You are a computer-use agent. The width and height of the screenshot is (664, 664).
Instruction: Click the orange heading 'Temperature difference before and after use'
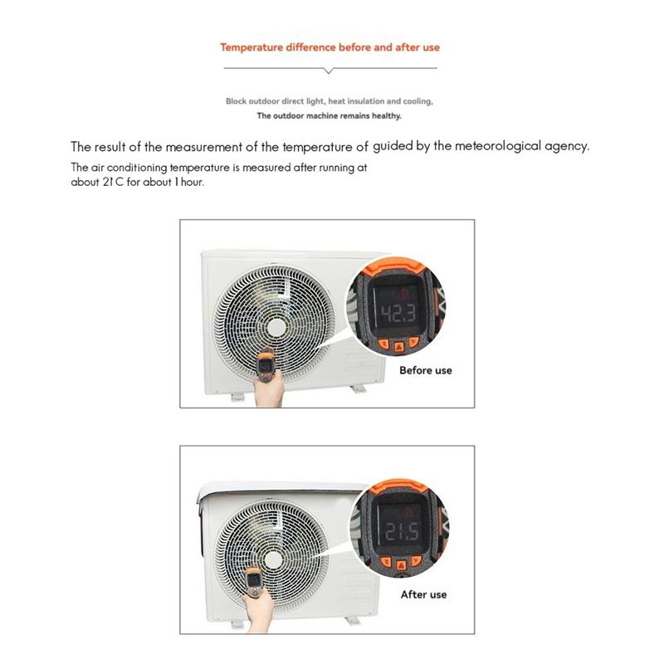click(x=330, y=47)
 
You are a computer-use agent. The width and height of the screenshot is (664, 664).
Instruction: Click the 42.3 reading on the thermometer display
click(x=398, y=314)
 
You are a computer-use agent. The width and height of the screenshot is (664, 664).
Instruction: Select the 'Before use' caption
click(x=425, y=370)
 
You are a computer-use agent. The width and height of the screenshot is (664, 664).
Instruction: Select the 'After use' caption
click(x=423, y=594)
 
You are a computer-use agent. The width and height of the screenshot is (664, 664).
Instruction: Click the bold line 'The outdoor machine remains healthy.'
click(x=329, y=116)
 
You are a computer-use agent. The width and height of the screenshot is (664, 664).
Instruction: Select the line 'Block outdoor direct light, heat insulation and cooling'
click(x=329, y=101)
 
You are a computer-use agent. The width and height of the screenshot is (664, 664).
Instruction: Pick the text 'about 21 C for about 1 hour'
click(x=137, y=183)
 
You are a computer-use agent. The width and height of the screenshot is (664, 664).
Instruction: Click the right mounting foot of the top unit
click(x=357, y=388)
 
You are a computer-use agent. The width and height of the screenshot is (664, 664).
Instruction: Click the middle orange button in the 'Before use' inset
click(x=398, y=344)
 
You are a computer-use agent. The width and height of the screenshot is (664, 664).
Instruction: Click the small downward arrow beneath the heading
click(x=330, y=71)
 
